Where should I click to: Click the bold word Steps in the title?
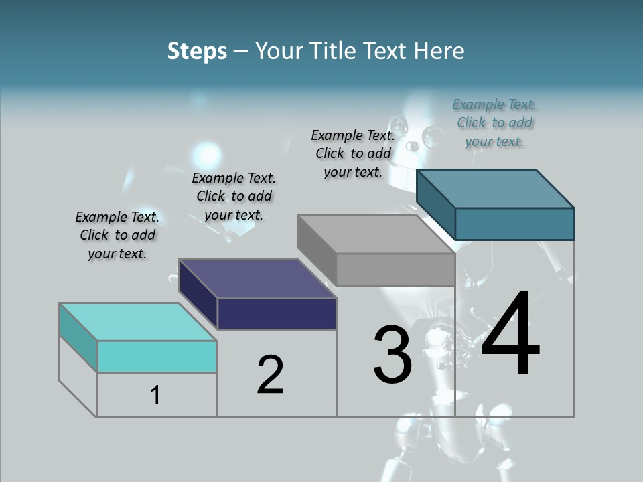197,51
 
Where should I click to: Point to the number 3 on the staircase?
392,355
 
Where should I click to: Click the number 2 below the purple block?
270,375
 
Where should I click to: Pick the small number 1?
155,395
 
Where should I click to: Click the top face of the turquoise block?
138,321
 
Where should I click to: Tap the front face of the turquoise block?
157,356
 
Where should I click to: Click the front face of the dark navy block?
277,313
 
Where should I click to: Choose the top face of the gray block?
375,234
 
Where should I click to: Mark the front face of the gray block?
395,270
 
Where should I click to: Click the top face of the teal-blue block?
494,188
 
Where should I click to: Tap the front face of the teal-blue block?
514,224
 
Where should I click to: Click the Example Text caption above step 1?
117,235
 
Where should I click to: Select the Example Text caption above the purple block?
234,196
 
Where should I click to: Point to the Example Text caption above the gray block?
353,153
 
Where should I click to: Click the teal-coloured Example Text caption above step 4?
494,123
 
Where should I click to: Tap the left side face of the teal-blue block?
435,204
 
